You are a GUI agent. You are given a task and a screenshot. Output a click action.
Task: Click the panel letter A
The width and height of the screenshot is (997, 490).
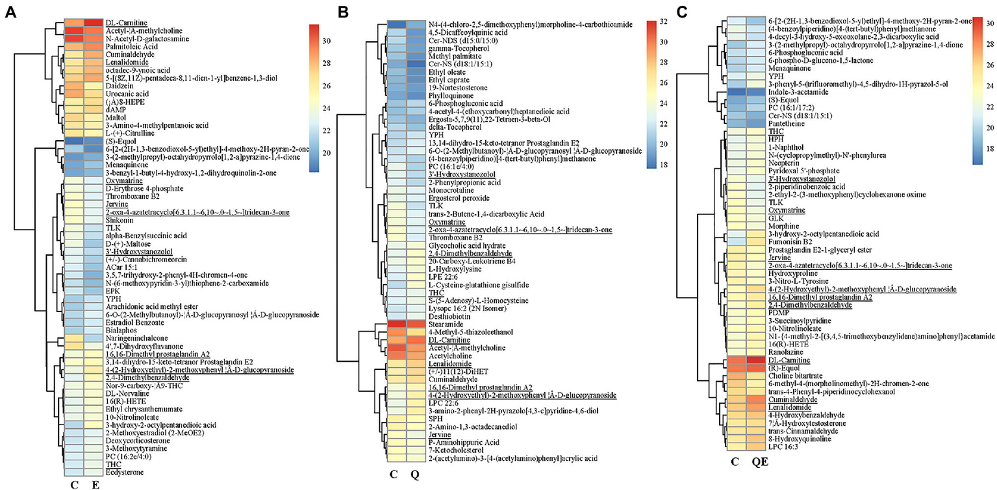tap(11, 14)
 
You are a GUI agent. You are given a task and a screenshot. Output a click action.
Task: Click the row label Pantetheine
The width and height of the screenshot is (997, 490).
tap(787, 123)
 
